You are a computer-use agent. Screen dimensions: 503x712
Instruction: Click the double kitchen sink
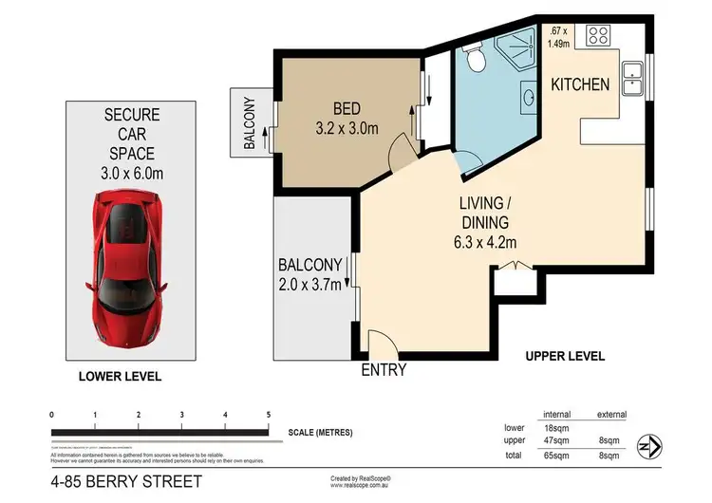[631, 79]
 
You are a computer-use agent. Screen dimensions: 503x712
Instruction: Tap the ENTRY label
[384, 370]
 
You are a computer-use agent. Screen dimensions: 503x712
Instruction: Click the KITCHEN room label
[580, 84]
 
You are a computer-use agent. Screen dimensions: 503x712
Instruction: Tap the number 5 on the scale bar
[269, 415]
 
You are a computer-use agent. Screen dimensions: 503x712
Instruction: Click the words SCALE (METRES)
[320, 433]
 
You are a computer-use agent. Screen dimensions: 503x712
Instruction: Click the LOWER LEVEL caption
[121, 377]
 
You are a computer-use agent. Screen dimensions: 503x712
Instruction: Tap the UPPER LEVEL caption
[566, 356]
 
